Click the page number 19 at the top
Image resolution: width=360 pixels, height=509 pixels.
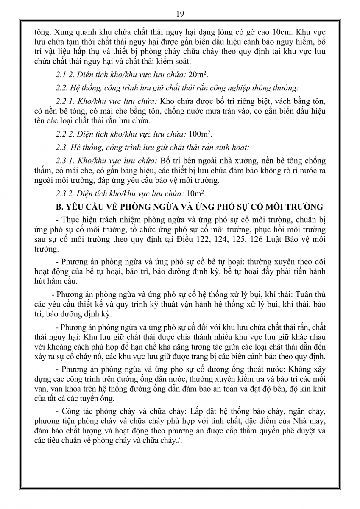click(180, 14)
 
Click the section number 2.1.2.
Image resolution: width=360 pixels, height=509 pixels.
click(65, 75)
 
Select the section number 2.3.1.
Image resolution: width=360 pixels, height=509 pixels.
click(65, 161)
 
